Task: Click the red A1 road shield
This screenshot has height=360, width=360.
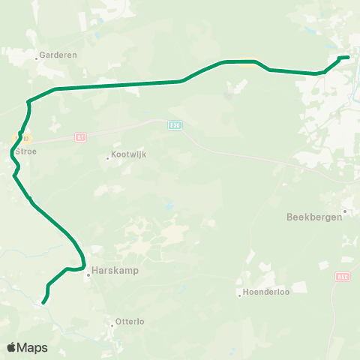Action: coord(81,136)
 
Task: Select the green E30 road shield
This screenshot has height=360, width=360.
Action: coord(175,124)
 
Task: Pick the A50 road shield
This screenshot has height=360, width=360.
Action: coord(343,277)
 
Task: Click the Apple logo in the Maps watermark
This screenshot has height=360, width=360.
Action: coord(12,347)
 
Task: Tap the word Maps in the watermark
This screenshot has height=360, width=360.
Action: coord(33,347)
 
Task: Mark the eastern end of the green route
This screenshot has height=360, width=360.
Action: coord(348,57)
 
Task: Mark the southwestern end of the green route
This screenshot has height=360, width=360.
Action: coord(43,302)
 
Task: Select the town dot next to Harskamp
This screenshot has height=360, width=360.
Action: coord(88,274)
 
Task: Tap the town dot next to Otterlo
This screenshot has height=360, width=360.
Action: coord(112,325)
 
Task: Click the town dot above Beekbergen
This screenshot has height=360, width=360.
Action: coord(344,211)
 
